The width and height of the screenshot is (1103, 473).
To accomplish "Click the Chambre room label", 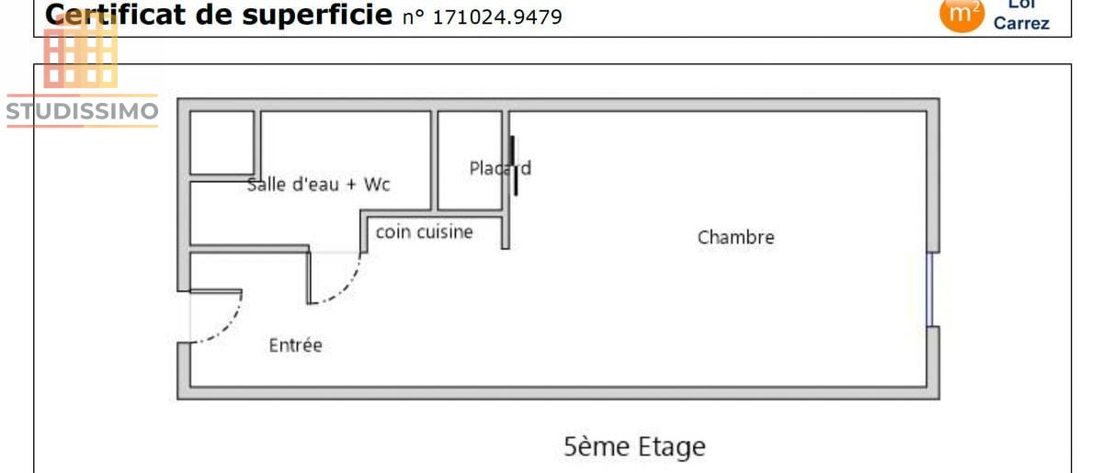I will pos(735,237).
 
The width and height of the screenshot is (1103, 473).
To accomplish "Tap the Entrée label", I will pos(295,345).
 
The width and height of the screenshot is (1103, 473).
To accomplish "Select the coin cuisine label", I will pos(424,232).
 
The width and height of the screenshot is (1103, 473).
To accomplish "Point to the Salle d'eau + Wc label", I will pos(319,185).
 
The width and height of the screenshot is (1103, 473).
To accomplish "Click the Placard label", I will pos(499,168).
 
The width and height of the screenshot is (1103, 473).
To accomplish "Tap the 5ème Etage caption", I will pos(634,447).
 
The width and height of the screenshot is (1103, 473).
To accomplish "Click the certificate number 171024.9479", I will pos(497,17).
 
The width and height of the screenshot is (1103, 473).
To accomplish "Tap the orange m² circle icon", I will pos(961,14).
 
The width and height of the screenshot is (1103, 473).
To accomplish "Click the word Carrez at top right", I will pos(1021,24).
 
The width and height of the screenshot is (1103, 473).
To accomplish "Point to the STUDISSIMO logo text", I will pos(82,111).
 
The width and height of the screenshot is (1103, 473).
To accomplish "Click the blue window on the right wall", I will pos(929,289).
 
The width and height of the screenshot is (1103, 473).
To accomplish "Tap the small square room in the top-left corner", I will pos(222,141).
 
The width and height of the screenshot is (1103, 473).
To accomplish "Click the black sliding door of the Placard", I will pos(514,166).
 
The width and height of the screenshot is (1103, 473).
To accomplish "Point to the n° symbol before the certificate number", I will pos(415,17).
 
